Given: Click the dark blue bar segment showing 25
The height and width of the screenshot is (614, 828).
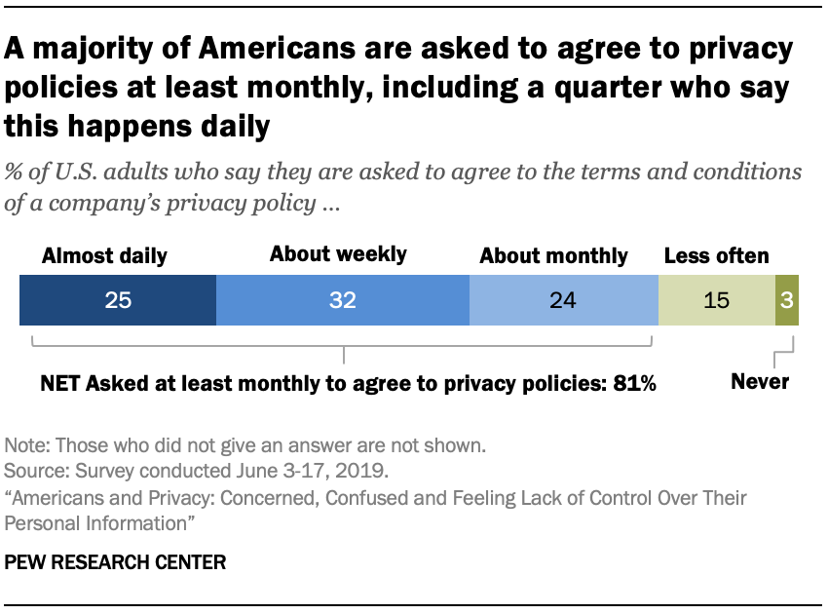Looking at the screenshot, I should point(118,299).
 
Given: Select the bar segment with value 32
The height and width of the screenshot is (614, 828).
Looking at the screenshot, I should point(342,299).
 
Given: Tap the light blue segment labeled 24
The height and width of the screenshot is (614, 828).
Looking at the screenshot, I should point(563,299).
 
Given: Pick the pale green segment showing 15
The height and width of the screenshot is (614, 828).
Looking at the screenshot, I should point(716,299).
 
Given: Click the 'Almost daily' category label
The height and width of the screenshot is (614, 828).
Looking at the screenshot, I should point(104,257).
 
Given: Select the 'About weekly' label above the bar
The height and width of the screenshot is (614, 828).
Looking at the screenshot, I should point(338,255).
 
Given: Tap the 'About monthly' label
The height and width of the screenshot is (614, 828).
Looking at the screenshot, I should point(553,257).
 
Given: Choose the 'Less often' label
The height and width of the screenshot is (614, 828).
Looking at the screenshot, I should point(716,257).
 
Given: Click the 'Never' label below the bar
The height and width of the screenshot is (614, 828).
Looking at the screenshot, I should point(760,382).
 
